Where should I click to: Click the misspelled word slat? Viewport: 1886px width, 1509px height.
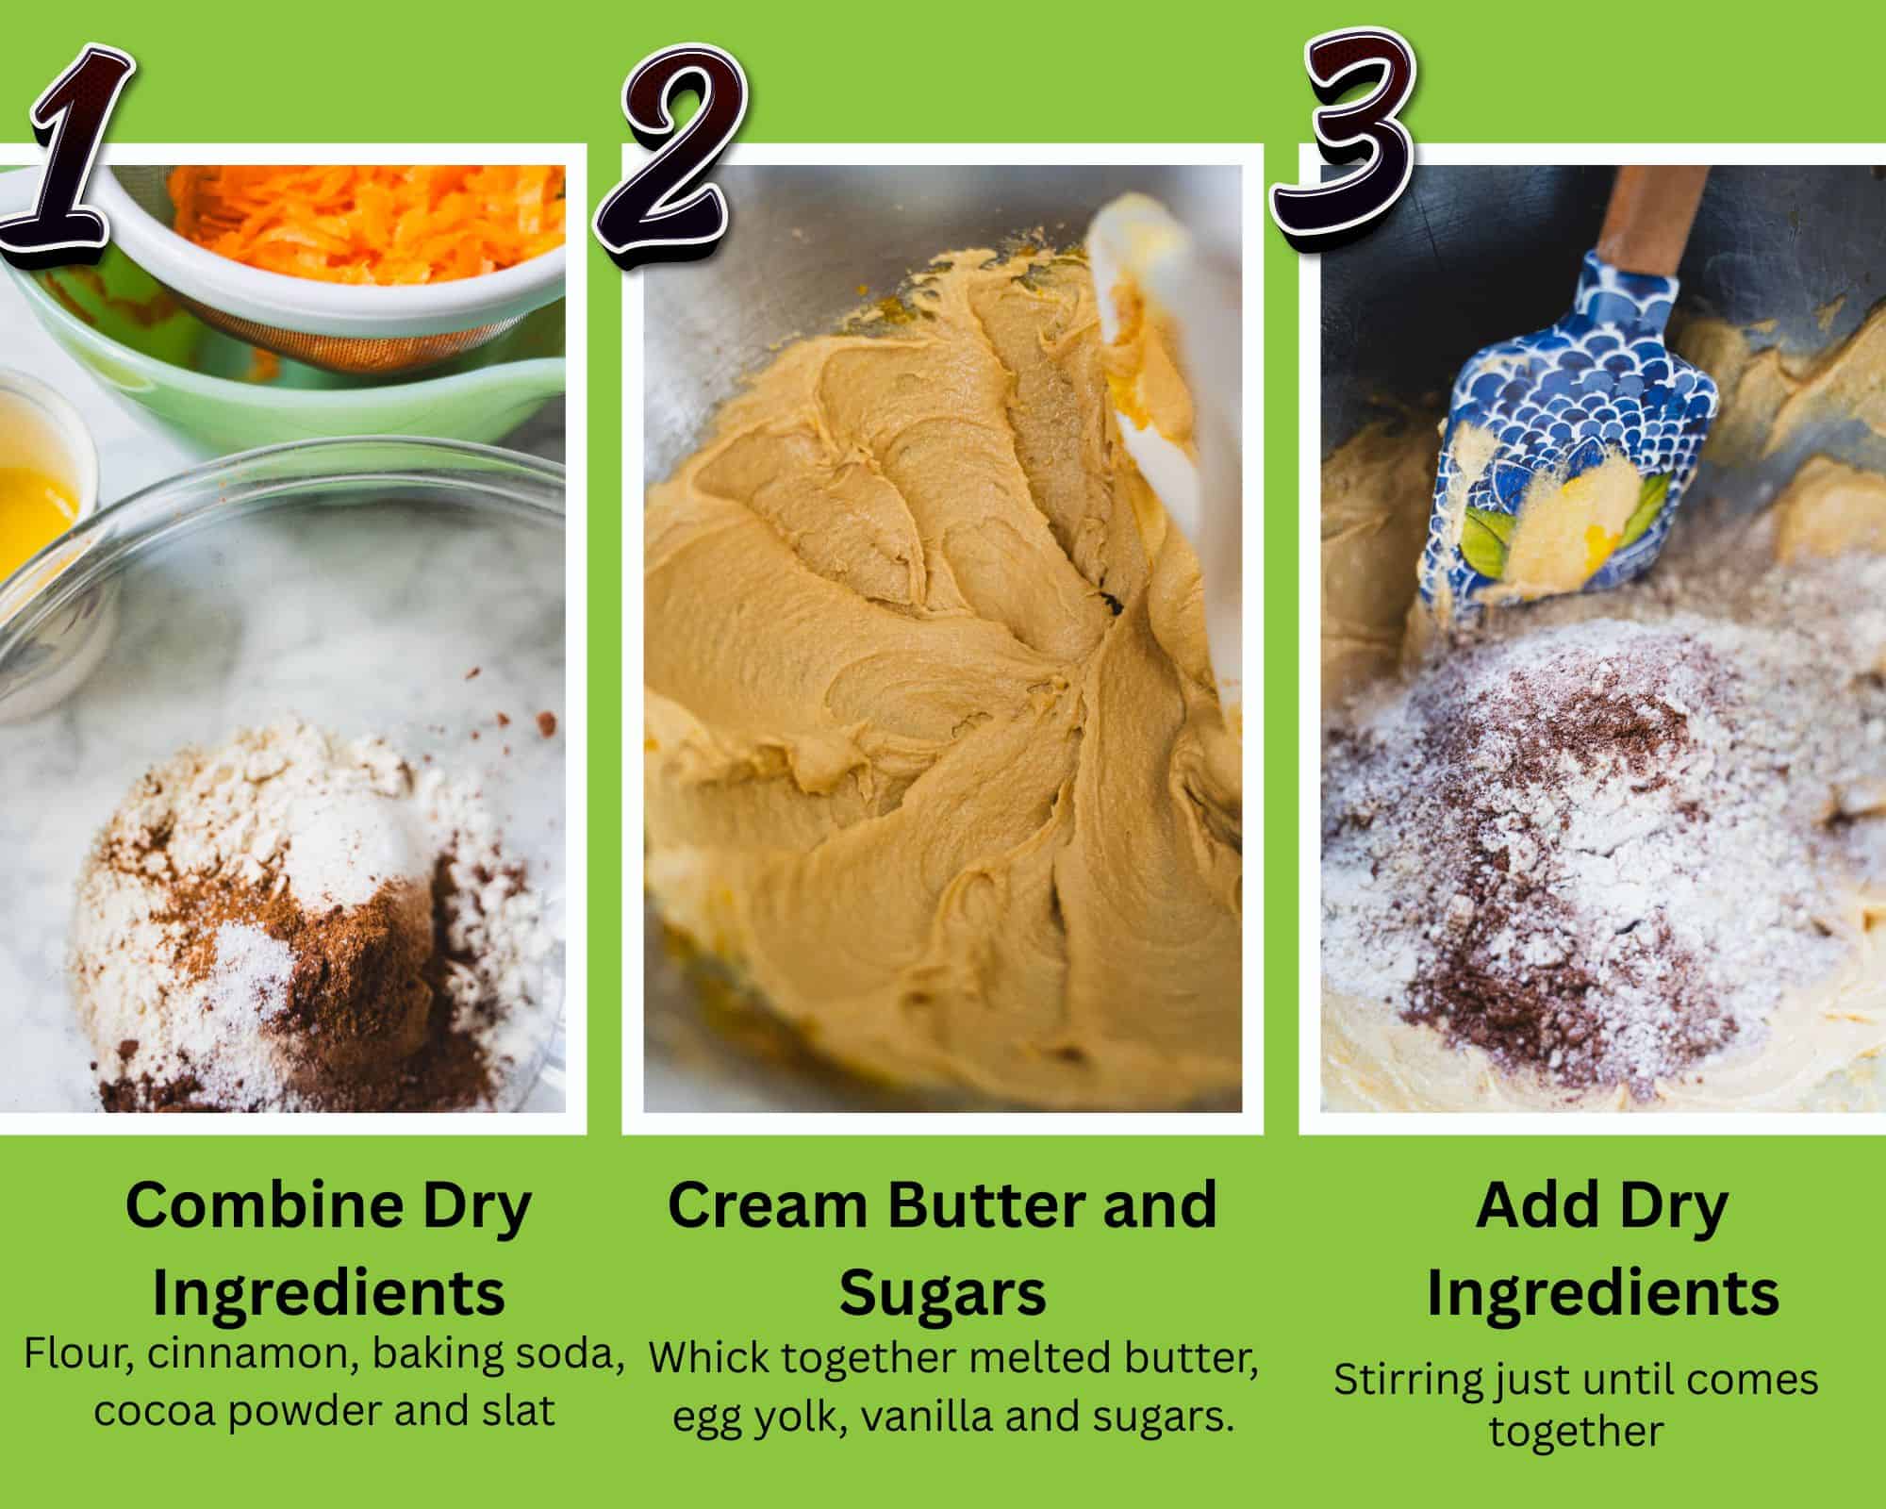(x=518, y=1411)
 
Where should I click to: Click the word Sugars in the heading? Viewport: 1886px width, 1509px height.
(x=942, y=1293)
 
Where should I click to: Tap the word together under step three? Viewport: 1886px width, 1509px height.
(x=1576, y=1432)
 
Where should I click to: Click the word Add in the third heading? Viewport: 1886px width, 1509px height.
(x=1524, y=1206)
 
